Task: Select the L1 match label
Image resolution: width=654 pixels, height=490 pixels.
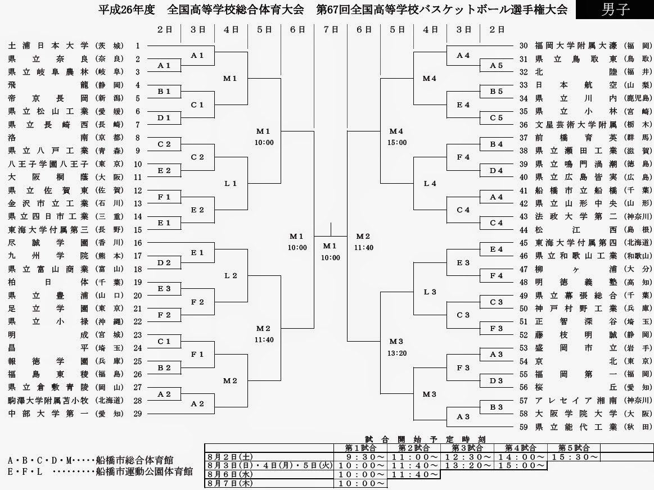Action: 231,183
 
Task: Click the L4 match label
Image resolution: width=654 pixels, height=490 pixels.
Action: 430,183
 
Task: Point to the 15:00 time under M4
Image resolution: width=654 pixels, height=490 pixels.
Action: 396,143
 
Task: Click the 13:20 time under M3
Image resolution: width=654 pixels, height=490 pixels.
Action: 396,353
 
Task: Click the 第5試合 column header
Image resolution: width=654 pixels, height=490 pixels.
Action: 574,448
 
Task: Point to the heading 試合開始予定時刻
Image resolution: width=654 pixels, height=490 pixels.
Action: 416,439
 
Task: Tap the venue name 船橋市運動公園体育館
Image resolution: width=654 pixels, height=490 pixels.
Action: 144,471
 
